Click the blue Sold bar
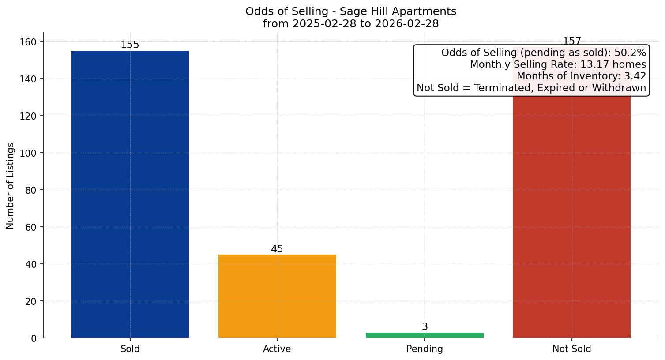point(130,194)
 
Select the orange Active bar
point(277,296)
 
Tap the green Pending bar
point(425,335)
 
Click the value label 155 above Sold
point(130,45)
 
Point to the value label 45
point(277,249)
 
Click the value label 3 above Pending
point(425,327)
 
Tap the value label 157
point(571,41)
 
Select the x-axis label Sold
point(130,349)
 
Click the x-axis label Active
point(277,349)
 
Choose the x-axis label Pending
point(425,349)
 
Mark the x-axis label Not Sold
point(571,349)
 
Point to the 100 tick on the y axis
point(30,153)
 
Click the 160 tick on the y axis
point(30,42)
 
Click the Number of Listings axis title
point(11,185)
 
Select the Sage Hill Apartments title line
point(351,11)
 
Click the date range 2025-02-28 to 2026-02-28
point(351,24)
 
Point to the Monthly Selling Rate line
point(558,64)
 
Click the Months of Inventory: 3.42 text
point(581,76)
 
